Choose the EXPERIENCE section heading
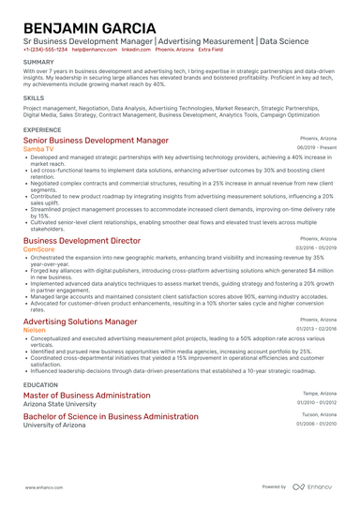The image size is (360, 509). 42,129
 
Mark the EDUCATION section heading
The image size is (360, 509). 40,384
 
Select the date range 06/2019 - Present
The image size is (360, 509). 317,148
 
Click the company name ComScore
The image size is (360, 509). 38,249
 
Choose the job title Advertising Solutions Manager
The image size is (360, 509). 80,321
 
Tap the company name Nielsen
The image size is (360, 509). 35,330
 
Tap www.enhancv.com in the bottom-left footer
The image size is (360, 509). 43,487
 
